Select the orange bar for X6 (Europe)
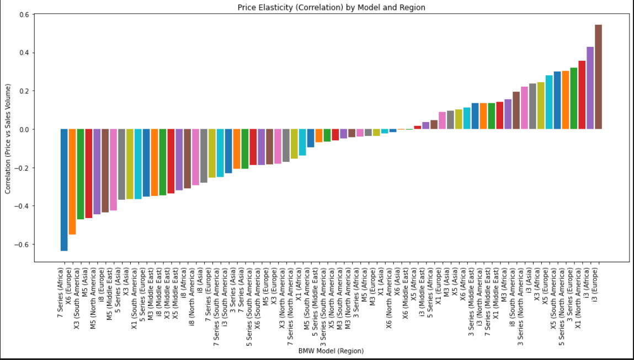click(72, 182)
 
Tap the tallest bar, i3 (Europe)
click(598, 77)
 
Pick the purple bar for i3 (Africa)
click(590, 88)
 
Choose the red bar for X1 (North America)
click(582, 95)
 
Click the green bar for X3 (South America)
click(81, 174)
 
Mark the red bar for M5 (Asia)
click(89, 173)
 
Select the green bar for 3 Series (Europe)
click(573, 98)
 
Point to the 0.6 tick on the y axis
click(25, 15)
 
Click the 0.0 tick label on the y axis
click(25, 130)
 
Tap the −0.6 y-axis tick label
click(23, 245)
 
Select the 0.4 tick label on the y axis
click(25, 53)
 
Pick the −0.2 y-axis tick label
click(23, 168)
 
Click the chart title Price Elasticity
click(331, 7)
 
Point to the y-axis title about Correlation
click(8, 139)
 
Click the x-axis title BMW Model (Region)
click(331, 351)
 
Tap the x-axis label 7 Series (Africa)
click(60, 293)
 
